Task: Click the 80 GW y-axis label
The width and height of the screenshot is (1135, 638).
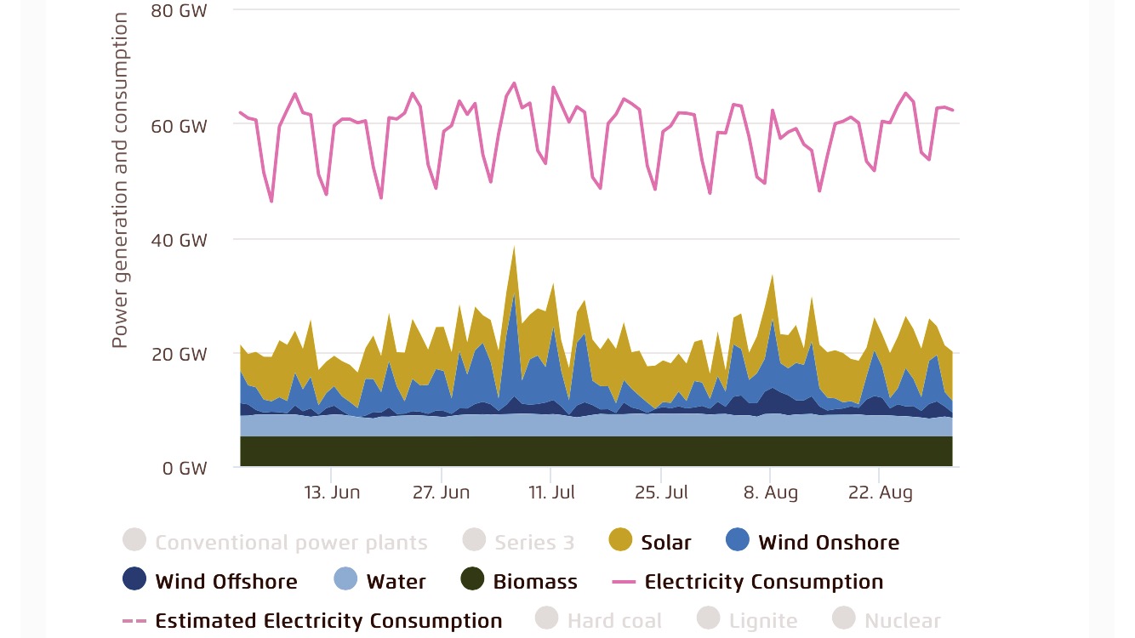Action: [179, 11]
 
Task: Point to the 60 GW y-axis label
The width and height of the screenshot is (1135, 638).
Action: [179, 126]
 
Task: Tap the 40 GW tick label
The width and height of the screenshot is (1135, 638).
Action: [179, 240]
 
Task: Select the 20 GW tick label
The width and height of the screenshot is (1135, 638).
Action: [179, 354]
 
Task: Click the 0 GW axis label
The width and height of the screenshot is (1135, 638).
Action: [183, 468]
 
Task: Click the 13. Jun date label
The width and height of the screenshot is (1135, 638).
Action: [332, 493]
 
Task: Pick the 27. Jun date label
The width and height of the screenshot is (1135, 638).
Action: [441, 493]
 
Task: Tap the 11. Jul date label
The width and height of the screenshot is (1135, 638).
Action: [551, 493]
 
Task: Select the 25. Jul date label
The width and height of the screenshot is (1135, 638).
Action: [660, 493]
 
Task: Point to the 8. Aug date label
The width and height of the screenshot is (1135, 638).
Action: [770, 493]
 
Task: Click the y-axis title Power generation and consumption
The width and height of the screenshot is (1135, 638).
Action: [120, 180]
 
